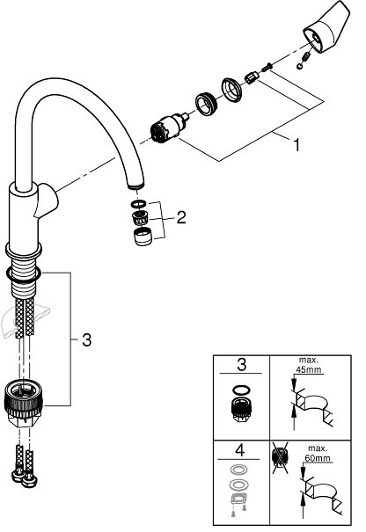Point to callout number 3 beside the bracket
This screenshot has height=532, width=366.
click(x=85, y=339)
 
